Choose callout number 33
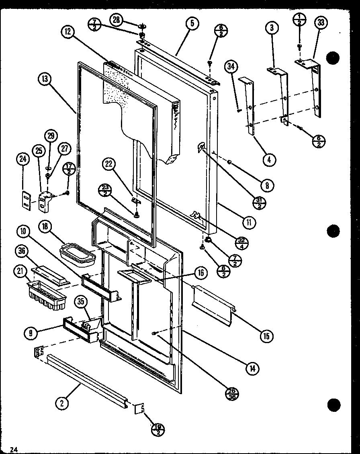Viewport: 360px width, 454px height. click(321, 23)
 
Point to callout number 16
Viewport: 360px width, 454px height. click(200, 274)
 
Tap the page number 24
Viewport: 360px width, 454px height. click(15, 449)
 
